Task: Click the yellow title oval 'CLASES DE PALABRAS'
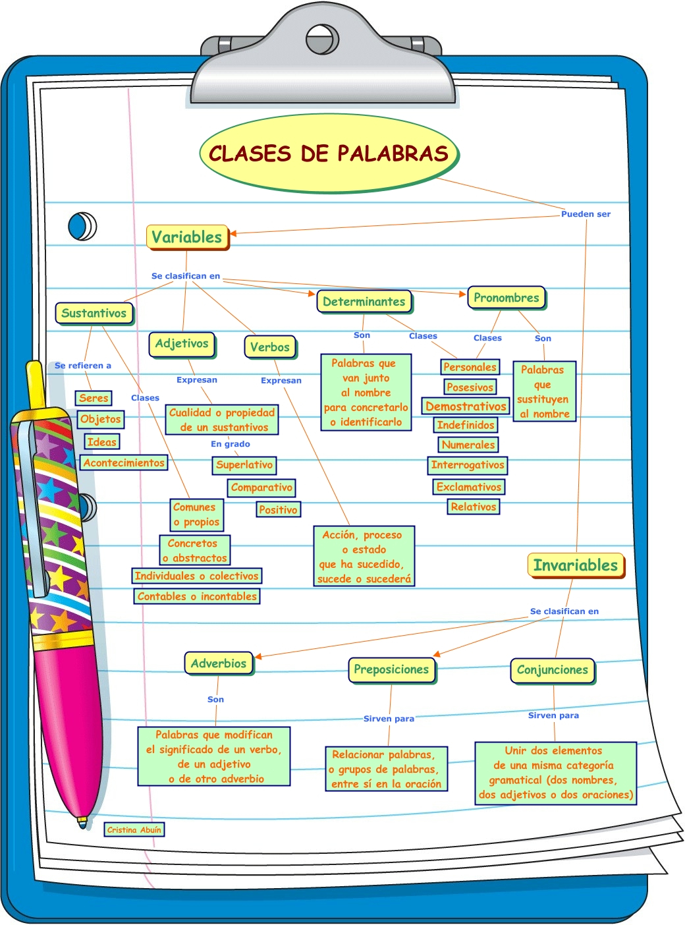pos(329,154)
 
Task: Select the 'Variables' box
pos(187,237)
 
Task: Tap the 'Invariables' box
pos(575,565)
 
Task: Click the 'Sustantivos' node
pos(94,313)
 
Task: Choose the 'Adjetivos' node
pos(182,344)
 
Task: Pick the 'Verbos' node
pos(270,347)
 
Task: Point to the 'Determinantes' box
pos(364,302)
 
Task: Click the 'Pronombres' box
pos(506,298)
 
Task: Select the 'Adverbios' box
pos(219,663)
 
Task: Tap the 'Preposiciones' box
pos(391,670)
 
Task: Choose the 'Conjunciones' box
pos(552,670)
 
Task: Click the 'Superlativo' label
pos(244,465)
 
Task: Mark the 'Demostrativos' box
pos(466,406)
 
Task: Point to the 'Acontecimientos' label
pos(124,462)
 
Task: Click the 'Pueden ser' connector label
pos(586,214)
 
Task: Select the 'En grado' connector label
pos(230,444)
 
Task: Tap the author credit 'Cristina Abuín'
pos(134,830)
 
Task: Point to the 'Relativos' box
pos(474,507)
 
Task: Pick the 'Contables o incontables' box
pos(197,596)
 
